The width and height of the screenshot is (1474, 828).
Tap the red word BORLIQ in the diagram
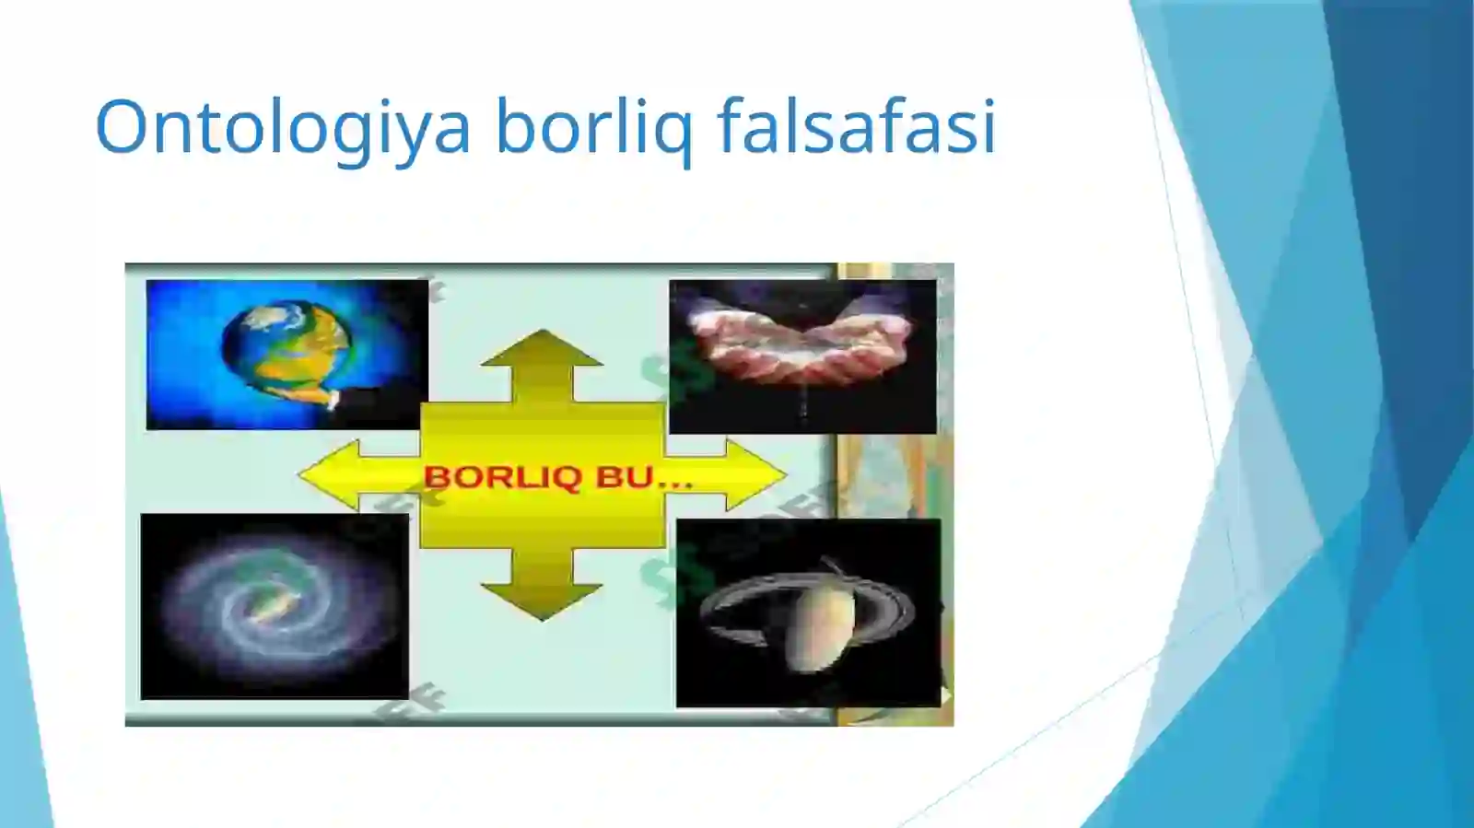(502, 477)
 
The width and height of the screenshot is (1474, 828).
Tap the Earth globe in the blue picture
(286, 345)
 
